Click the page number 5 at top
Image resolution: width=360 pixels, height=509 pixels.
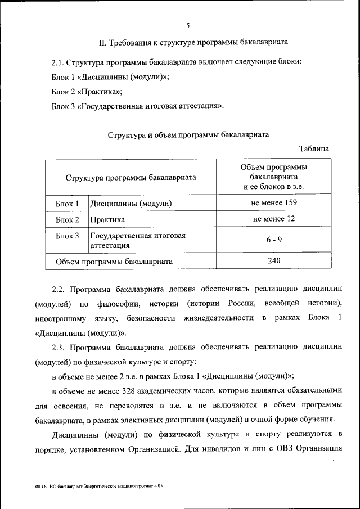187,25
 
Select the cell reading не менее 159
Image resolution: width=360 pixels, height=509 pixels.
274,202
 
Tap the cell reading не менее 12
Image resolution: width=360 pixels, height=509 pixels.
274,219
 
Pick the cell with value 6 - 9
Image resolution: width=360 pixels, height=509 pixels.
274,240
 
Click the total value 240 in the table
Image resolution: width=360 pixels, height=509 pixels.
274,260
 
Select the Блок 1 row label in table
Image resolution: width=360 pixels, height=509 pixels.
67,203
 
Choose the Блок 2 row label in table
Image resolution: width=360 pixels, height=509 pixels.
67,219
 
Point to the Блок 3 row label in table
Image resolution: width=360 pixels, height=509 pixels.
67,236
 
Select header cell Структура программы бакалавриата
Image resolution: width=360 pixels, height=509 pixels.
130,177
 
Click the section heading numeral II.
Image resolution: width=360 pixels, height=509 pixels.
102,42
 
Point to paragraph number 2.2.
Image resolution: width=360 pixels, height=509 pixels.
59,290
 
